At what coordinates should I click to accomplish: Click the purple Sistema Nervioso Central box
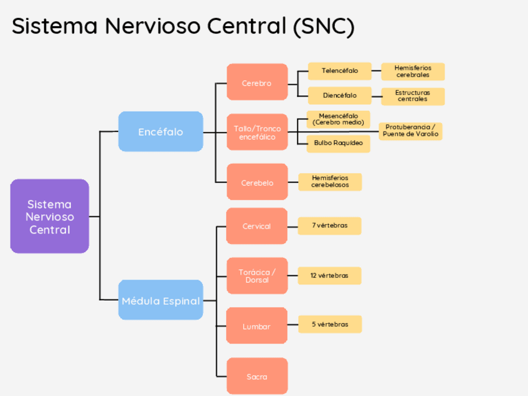tap(50, 216)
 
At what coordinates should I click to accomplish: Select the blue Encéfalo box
tap(161, 131)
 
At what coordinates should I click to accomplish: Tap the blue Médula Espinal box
tap(161, 300)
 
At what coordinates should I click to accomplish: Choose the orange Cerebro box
tap(257, 82)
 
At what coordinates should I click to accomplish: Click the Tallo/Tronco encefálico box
tap(257, 132)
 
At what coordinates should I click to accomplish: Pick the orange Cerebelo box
tap(257, 182)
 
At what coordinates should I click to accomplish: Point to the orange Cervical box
tap(257, 226)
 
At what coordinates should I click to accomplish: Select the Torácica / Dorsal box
tap(257, 276)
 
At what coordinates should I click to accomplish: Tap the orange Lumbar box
tap(257, 326)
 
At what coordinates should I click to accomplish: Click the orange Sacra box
tap(257, 376)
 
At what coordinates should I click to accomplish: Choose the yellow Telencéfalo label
tap(340, 71)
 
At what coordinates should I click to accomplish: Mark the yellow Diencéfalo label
tap(340, 95)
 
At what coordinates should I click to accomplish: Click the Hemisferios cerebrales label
tap(413, 71)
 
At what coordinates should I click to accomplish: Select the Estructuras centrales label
tap(413, 96)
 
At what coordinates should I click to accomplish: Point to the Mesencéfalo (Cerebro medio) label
tap(338, 119)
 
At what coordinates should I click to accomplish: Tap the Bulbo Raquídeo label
tap(338, 143)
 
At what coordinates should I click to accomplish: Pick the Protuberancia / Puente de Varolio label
tap(410, 131)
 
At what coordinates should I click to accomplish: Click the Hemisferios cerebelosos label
tap(330, 181)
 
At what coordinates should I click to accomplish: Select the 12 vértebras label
tap(329, 275)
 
